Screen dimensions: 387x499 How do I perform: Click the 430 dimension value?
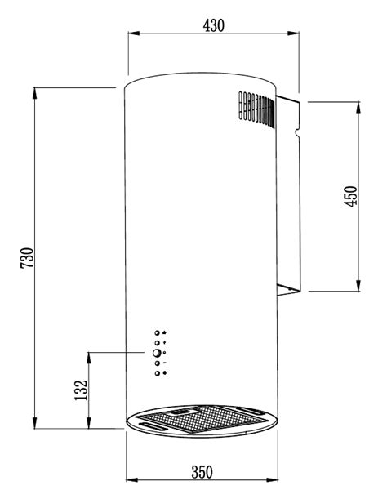[x=214, y=25]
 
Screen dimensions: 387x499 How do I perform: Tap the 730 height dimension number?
[x=27, y=257]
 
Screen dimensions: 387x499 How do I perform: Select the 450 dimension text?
[x=351, y=196]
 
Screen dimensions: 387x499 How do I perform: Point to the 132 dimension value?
[x=81, y=390]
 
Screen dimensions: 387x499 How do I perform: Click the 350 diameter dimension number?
[x=202, y=472]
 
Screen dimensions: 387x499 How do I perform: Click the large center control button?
[x=156, y=353]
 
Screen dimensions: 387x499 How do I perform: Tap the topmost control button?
[x=157, y=333]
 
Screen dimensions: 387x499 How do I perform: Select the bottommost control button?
[x=157, y=373]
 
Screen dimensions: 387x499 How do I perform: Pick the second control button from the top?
[x=157, y=343]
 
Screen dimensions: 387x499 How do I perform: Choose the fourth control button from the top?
[x=157, y=363]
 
